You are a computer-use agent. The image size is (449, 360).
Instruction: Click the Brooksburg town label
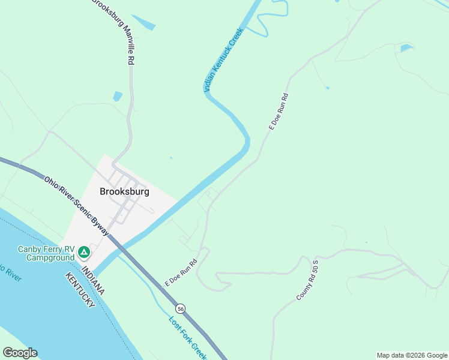[124, 192]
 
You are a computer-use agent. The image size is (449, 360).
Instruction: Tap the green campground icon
[85, 251]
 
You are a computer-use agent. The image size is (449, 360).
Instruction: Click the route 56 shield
[181, 308]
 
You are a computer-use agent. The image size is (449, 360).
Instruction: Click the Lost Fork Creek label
[187, 337]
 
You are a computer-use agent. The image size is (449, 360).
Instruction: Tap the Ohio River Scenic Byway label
[76, 205]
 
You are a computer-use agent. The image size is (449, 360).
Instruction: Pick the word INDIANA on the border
[94, 281]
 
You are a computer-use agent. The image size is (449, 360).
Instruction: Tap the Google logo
[20, 353]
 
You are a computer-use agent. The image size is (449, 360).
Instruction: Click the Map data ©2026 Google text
[412, 355]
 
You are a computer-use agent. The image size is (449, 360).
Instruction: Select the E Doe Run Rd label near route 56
[181, 272]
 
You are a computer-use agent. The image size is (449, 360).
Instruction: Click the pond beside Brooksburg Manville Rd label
[143, 23]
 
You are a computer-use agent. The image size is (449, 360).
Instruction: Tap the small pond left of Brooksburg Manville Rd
[118, 96]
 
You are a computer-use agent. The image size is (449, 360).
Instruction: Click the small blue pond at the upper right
[406, 47]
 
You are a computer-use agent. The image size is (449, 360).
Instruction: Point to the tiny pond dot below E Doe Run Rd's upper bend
[327, 88]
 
